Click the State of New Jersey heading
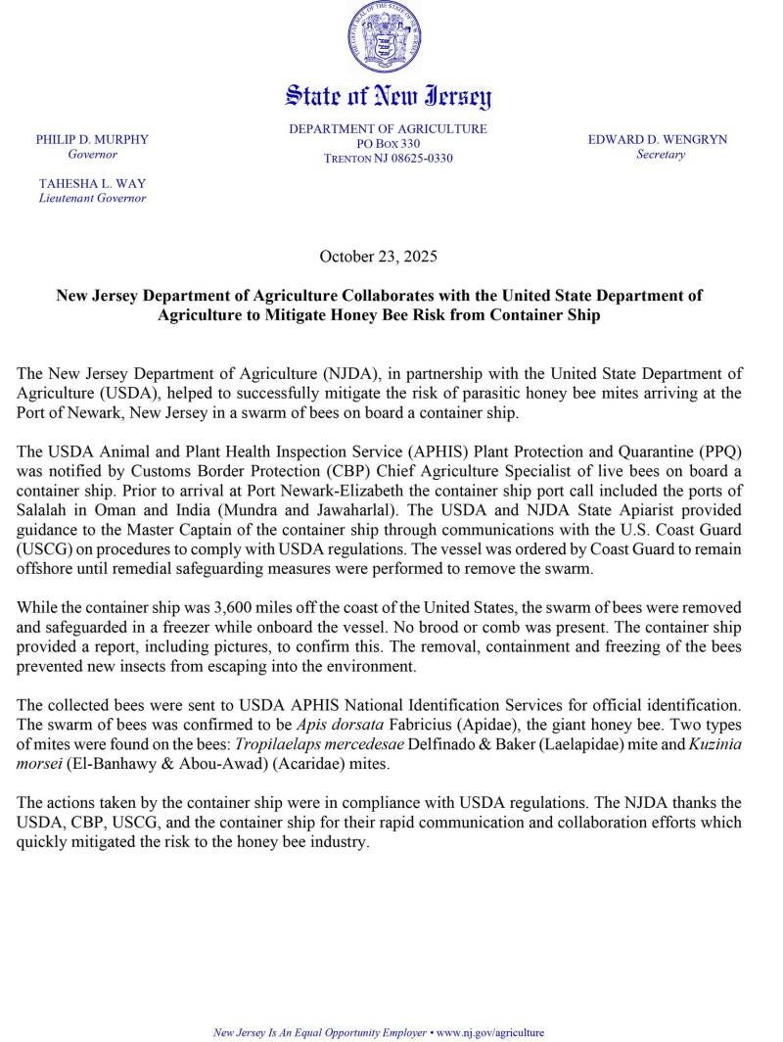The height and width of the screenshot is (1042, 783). coord(388,96)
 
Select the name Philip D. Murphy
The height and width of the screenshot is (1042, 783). coord(92,140)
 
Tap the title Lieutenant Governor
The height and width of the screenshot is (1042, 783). coord(92,198)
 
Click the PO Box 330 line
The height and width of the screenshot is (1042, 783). coord(388,144)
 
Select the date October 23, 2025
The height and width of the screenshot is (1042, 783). coord(378,258)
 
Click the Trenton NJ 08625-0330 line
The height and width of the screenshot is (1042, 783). coord(388,159)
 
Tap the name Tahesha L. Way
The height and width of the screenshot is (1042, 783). coord(92,183)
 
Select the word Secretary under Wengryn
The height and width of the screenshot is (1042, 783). coord(660,155)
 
